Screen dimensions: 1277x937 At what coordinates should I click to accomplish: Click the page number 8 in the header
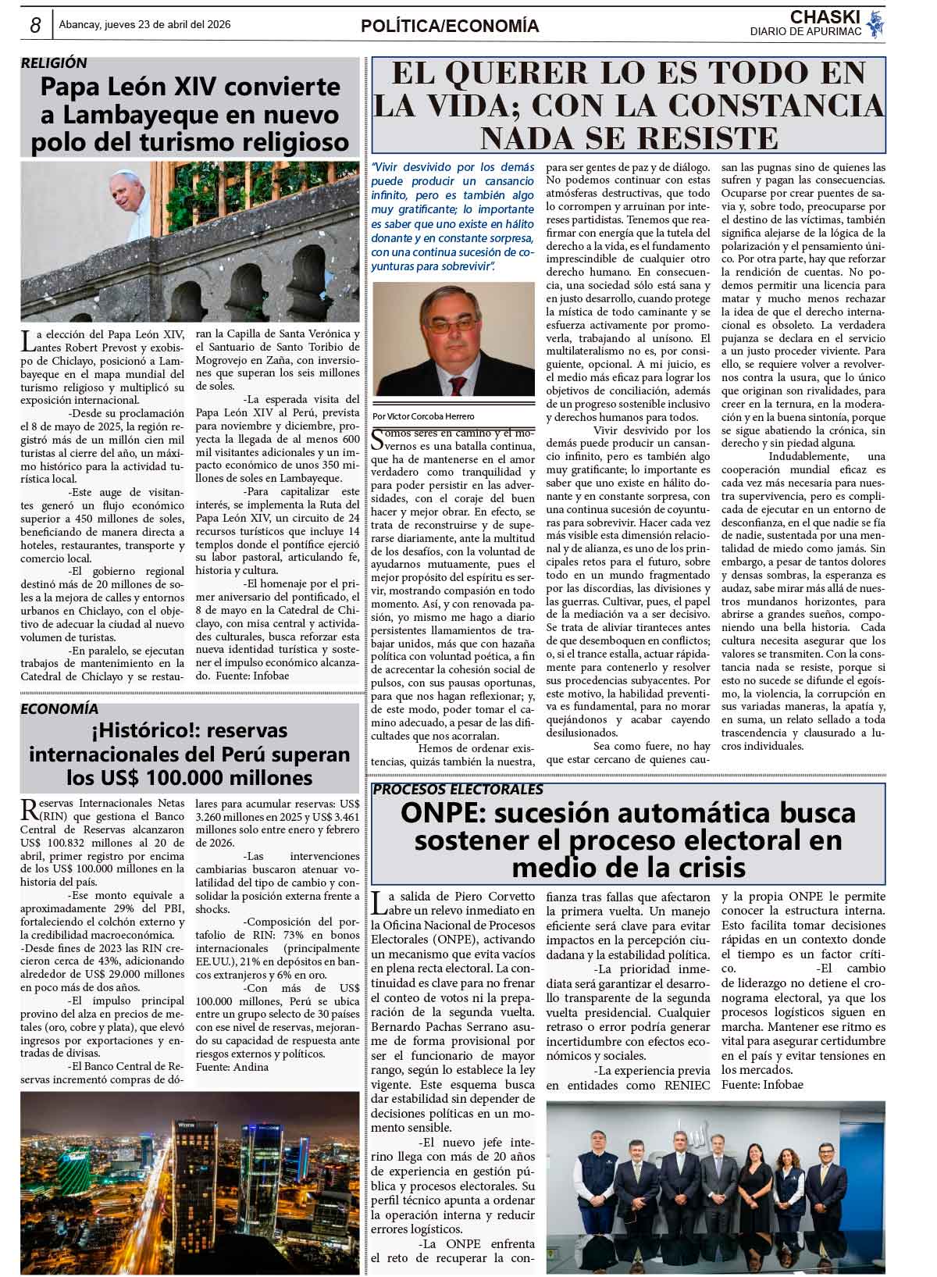click(x=35, y=26)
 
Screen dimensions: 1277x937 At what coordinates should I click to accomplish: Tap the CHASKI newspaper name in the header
click(x=825, y=17)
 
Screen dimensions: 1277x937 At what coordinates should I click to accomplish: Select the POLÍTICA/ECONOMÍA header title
click(x=450, y=27)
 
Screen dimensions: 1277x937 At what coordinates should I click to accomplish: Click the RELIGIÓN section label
click(x=54, y=63)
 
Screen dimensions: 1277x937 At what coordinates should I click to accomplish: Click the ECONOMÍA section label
click(x=59, y=708)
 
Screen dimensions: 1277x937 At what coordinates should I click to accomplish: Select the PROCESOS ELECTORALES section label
click(x=458, y=790)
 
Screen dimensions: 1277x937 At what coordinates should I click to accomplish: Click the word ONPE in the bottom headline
click(x=442, y=814)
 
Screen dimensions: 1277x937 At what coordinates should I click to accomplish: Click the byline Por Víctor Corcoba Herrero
click(x=423, y=416)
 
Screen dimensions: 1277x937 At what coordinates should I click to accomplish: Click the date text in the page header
click(x=145, y=25)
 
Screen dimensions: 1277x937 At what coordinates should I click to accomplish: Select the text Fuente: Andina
click(x=232, y=1067)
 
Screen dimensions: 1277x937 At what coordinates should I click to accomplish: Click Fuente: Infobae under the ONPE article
click(x=762, y=1085)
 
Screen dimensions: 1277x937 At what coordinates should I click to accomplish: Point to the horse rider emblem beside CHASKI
click(x=876, y=23)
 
